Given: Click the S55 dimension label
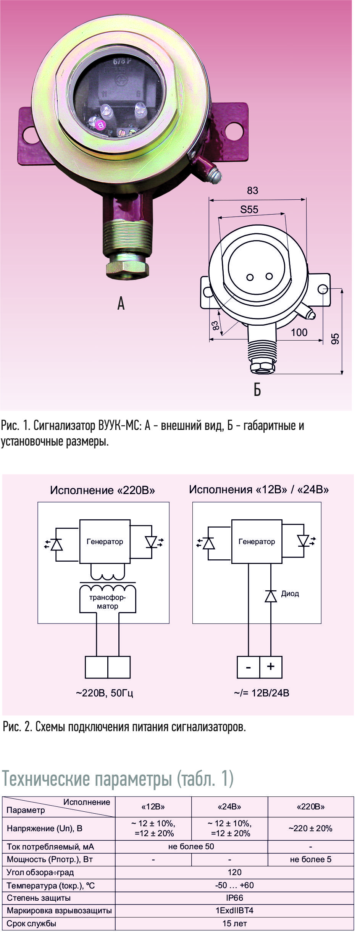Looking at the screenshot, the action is [x=249, y=209].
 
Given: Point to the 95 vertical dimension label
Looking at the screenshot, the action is [x=335, y=339].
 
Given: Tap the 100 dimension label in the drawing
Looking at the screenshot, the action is [x=299, y=333].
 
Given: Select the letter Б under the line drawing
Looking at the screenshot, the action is [x=257, y=390].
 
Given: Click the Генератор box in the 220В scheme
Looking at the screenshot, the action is [x=105, y=541].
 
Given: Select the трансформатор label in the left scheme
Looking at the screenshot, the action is [x=108, y=602].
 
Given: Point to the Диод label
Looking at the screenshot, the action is [x=290, y=594].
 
